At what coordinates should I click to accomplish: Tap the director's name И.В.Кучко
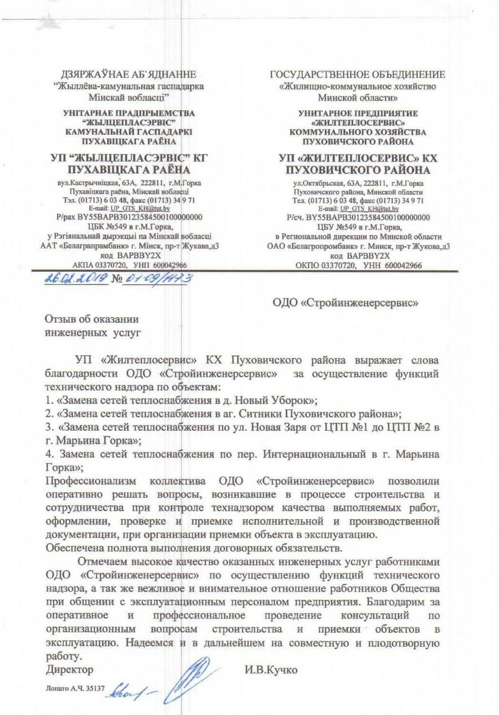pyautogui.click(x=271, y=670)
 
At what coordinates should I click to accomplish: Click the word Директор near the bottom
pyautogui.click(x=70, y=670)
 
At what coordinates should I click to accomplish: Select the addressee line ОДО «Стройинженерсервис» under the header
pyautogui.click(x=346, y=302)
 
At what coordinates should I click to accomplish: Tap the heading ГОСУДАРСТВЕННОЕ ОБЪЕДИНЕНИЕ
pyautogui.click(x=358, y=75)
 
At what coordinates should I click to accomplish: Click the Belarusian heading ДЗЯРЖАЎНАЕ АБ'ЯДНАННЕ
pyautogui.click(x=129, y=75)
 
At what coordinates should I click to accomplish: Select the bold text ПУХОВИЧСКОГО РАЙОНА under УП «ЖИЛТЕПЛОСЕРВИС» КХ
pyautogui.click(x=358, y=170)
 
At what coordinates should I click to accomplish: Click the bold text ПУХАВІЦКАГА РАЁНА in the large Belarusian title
pyautogui.click(x=129, y=170)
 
